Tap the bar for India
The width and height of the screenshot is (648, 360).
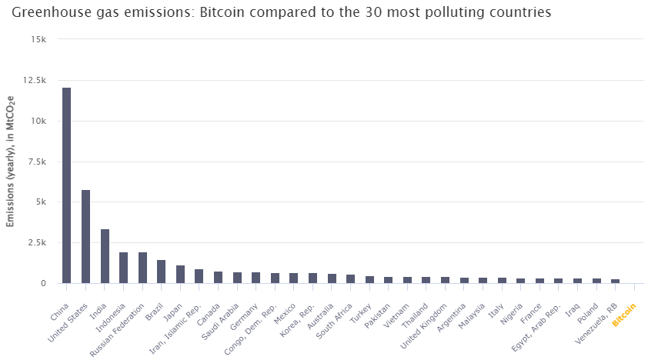click(x=105, y=256)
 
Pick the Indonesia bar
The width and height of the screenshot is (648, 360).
click(x=123, y=268)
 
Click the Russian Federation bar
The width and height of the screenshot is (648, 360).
click(x=142, y=268)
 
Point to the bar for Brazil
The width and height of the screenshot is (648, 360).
click(x=161, y=272)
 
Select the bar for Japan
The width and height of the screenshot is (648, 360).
click(x=180, y=275)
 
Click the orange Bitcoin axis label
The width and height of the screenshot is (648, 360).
click(x=625, y=315)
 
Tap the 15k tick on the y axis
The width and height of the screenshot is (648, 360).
click(x=38, y=39)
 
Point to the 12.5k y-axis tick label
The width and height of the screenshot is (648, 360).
click(x=35, y=80)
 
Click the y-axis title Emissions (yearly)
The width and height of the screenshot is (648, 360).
click(x=11, y=162)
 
